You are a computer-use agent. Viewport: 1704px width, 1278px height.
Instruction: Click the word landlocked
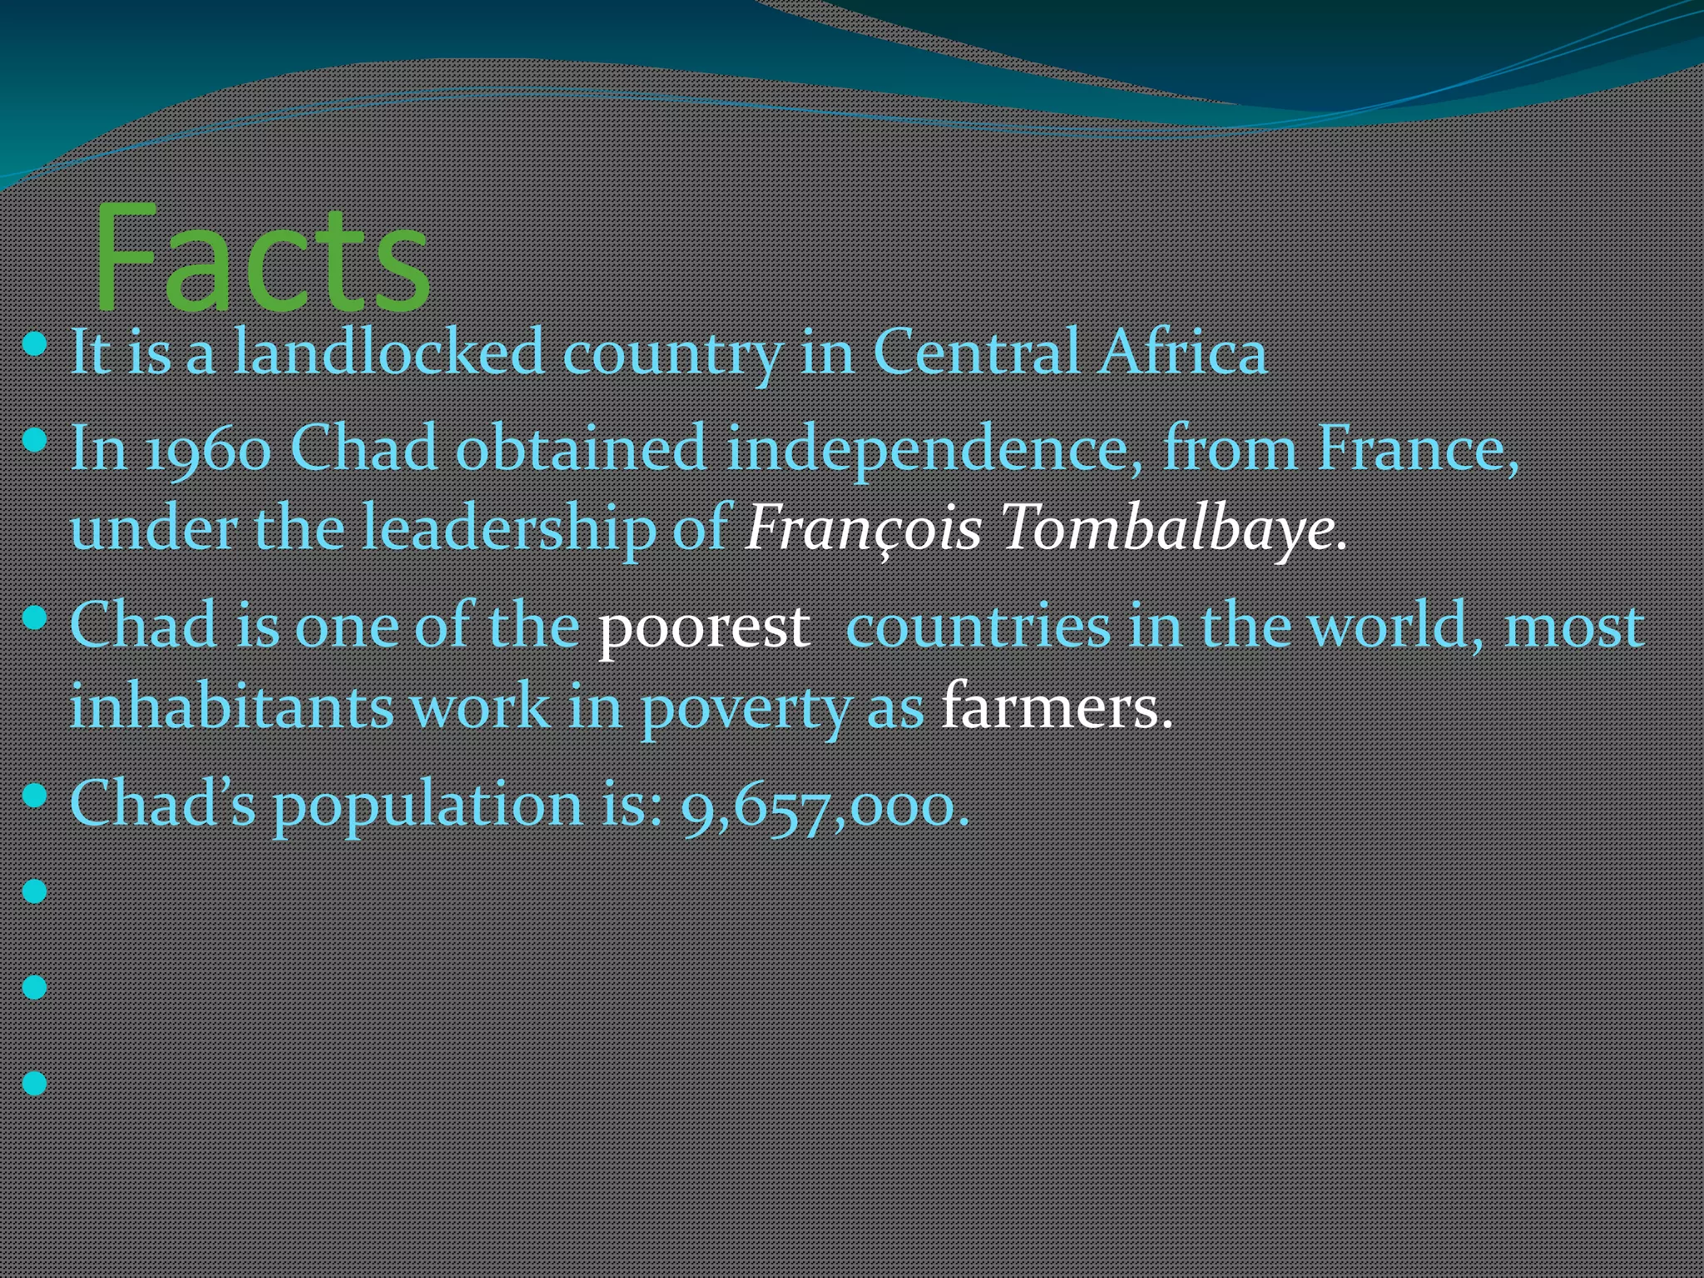(389, 351)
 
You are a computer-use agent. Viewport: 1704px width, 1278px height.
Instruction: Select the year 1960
(208, 449)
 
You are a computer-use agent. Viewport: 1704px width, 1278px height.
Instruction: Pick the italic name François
(864, 529)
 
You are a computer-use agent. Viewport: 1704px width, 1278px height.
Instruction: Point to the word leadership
(508, 529)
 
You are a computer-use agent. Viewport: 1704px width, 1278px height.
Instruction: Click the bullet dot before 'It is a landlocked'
(35, 343)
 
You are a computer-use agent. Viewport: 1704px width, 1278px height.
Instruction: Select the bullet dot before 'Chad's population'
(35, 795)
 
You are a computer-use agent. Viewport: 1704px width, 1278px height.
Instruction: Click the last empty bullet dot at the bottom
(35, 1082)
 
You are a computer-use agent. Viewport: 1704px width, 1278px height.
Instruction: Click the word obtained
(581, 449)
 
